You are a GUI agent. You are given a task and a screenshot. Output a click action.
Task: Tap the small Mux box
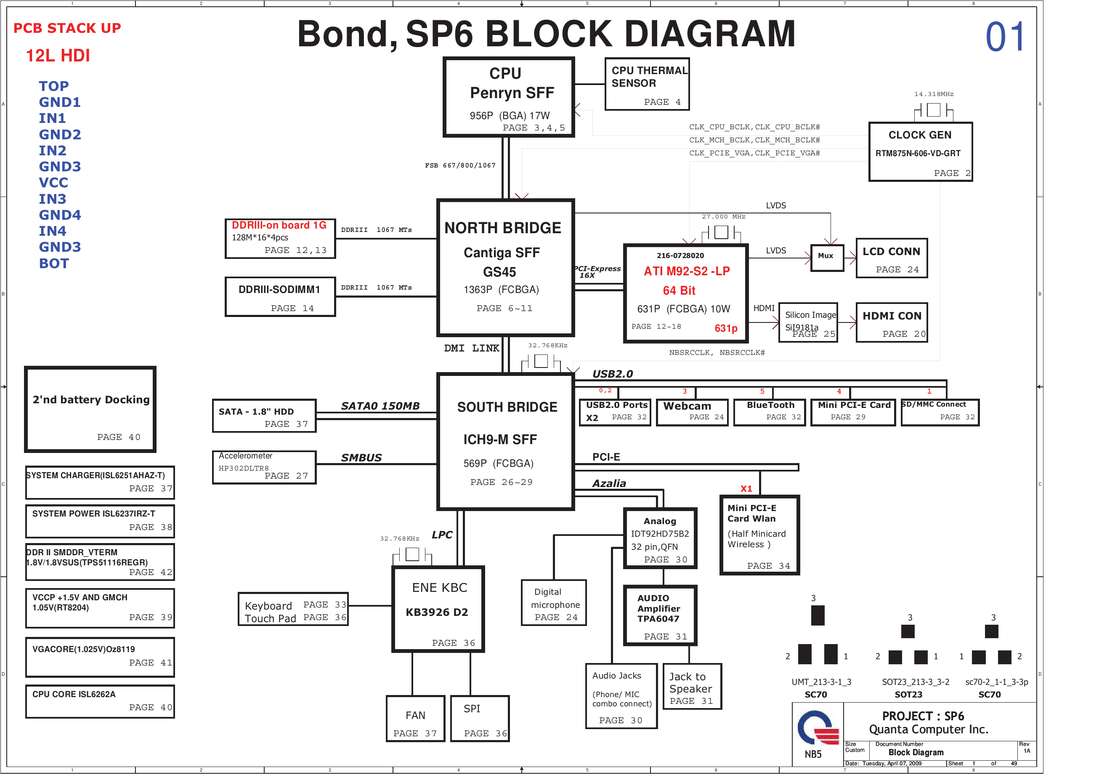[826, 258]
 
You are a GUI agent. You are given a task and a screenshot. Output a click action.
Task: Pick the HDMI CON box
[891, 322]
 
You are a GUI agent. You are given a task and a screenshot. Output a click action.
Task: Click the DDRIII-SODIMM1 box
[280, 297]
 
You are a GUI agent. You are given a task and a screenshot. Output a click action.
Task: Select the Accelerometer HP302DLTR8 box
[264, 466]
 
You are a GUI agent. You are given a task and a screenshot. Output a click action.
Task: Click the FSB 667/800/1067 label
[460, 165]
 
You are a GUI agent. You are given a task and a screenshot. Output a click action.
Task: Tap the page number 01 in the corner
[1005, 37]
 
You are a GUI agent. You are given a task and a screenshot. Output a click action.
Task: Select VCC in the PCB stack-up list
[53, 183]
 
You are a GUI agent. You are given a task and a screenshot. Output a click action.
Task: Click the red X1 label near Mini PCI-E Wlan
[746, 489]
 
